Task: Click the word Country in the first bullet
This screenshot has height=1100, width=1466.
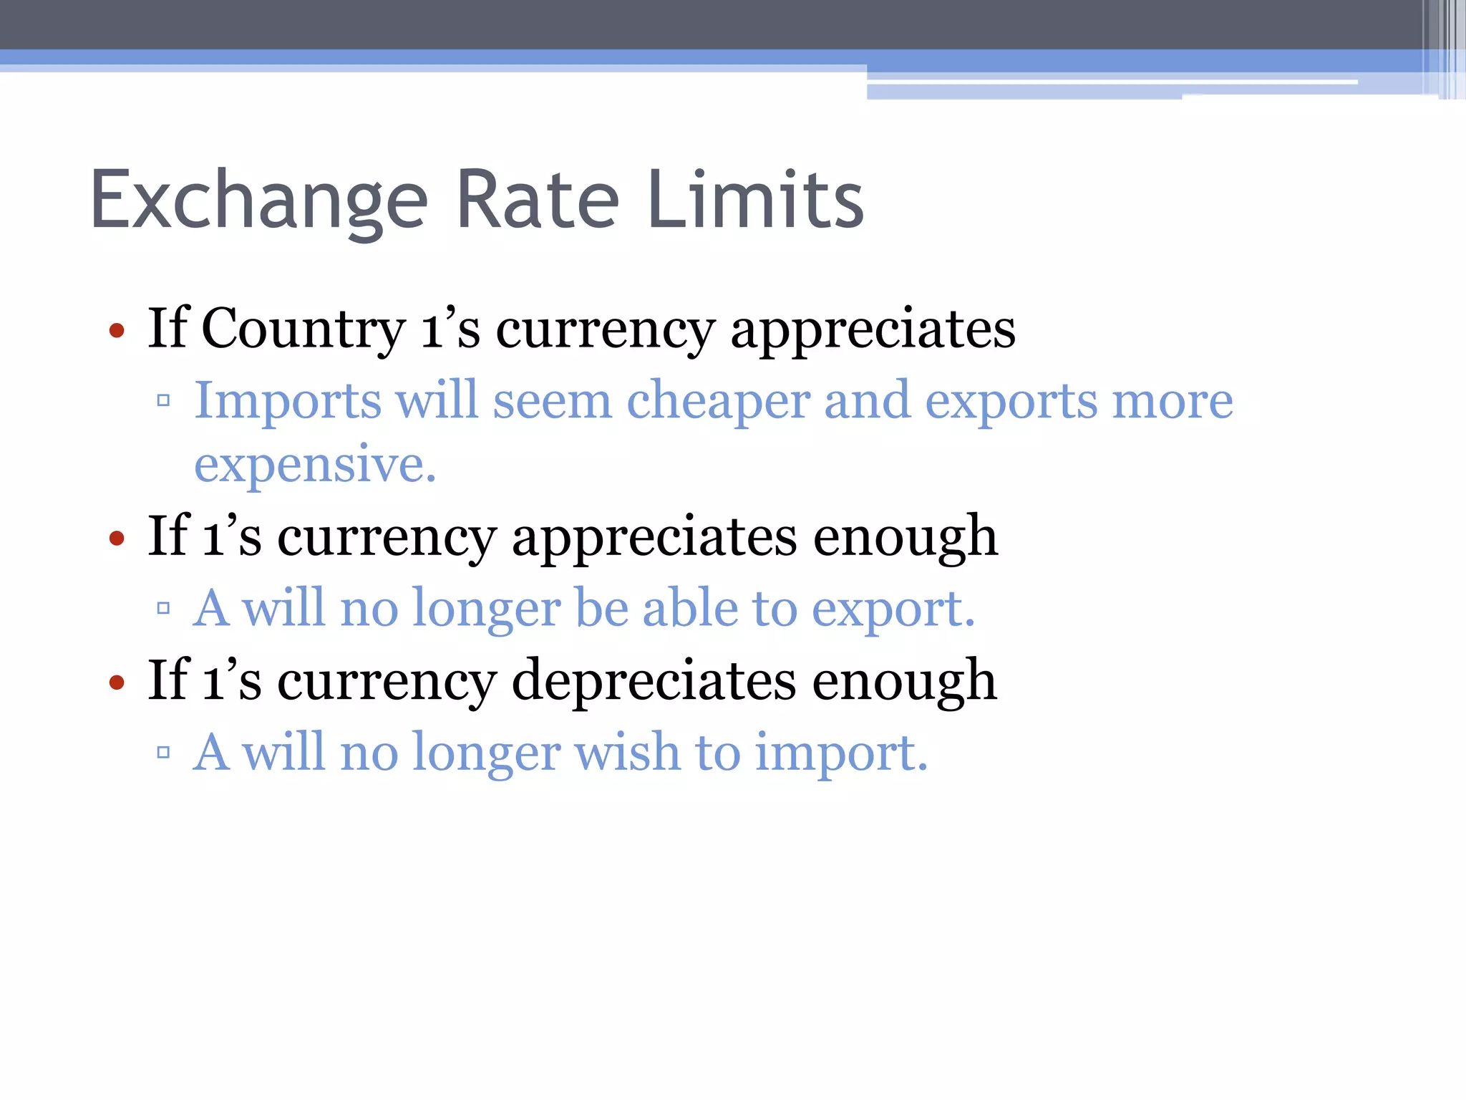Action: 304,329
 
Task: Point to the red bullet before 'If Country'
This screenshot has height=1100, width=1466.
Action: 117,331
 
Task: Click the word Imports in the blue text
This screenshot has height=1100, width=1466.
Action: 288,401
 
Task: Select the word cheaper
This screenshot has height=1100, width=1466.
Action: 718,401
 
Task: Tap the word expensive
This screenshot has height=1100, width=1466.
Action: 315,465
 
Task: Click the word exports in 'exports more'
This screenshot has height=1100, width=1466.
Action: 1011,401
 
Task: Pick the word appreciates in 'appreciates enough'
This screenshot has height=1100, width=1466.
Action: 654,537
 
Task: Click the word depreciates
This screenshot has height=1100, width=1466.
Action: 654,680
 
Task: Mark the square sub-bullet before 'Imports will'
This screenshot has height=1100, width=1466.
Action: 163,400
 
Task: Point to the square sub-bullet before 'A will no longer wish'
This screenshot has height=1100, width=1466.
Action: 163,752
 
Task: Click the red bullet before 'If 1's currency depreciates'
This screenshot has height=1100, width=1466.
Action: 117,682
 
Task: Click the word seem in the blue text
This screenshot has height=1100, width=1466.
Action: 552,401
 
